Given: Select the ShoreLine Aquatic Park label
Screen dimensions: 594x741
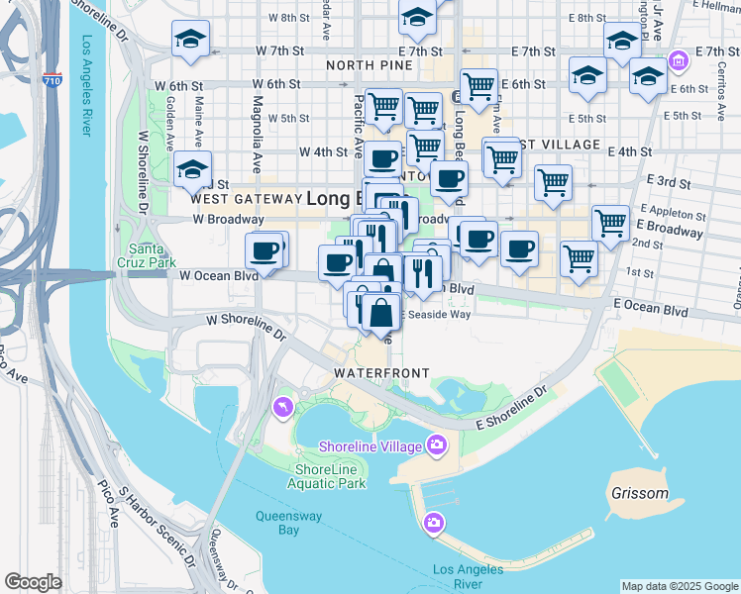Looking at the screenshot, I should (x=327, y=475).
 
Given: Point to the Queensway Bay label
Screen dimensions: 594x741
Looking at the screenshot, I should (x=277, y=523).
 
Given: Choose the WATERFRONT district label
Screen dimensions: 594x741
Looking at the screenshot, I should (x=381, y=373).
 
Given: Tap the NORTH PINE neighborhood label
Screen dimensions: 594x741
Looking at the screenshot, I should (x=367, y=65).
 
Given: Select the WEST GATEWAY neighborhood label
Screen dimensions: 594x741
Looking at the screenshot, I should (x=249, y=198).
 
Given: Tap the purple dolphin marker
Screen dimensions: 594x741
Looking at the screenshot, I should (x=282, y=406).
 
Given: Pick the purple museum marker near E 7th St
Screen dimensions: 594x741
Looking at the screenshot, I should (x=679, y=61).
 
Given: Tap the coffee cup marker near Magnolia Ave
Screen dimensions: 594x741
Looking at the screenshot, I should (x=265, y=250).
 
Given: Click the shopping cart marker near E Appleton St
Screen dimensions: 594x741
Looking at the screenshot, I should (x=611, y=223).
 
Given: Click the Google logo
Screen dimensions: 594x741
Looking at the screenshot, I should (x=33, y=582).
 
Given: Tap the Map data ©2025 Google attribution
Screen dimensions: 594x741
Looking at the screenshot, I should (x=679, y=586).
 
